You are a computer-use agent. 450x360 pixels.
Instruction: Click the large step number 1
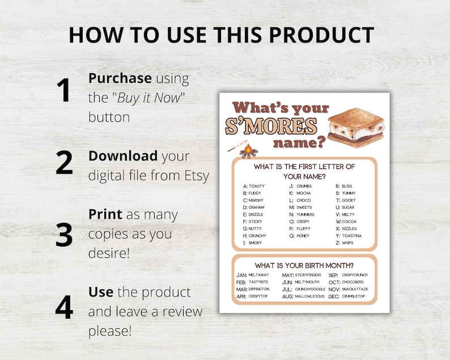[x=65, y=91]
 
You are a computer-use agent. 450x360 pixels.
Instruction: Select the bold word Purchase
[x=120, y=78]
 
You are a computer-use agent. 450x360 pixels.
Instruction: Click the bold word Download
[x=123, y=156]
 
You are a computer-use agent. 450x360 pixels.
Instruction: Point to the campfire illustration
[x=248, y=151]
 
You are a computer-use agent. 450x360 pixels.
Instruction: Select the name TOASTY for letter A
[x=257, y=186]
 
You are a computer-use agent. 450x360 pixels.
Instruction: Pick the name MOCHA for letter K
[x=304, y=193]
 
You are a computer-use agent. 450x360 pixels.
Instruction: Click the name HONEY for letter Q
[x=304, y=236]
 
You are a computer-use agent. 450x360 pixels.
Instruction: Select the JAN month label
[x=241, y=275]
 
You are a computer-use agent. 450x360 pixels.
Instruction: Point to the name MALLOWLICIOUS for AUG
[x=311, y=297]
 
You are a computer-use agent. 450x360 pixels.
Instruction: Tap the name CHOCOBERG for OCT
[x=354, y=282]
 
